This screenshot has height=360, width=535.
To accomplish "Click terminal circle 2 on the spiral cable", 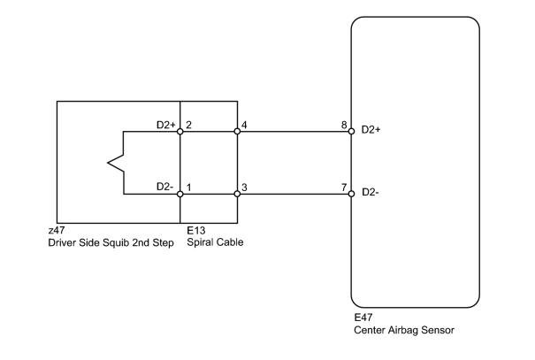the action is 180,132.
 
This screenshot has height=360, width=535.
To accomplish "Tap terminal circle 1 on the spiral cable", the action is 180,195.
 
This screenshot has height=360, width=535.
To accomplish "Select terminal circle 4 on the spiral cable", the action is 237,132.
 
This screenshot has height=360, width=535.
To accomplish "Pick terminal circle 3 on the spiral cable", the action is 237,195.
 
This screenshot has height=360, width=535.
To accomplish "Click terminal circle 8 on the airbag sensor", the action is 351,132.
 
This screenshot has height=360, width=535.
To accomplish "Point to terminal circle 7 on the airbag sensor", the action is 351,194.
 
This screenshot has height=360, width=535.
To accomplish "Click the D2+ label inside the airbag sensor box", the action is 371,130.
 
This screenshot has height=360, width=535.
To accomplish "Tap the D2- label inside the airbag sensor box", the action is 371,193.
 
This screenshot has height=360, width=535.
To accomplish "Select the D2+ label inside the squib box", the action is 166,125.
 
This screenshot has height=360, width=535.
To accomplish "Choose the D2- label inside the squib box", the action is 164,187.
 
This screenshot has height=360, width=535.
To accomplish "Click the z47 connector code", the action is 57,230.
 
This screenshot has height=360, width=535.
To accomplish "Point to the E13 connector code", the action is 195,230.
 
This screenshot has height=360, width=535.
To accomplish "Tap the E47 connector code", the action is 363,318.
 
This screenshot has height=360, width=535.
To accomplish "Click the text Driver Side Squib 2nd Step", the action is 111,242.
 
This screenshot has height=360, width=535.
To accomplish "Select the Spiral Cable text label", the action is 215,242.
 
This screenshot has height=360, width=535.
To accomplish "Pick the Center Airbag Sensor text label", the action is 404,330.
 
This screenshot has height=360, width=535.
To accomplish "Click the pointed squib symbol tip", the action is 108,163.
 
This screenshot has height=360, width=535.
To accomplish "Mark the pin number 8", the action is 344,125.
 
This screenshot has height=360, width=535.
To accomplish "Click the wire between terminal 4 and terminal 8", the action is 294,132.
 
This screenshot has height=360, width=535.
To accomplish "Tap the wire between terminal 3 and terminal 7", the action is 294,195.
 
